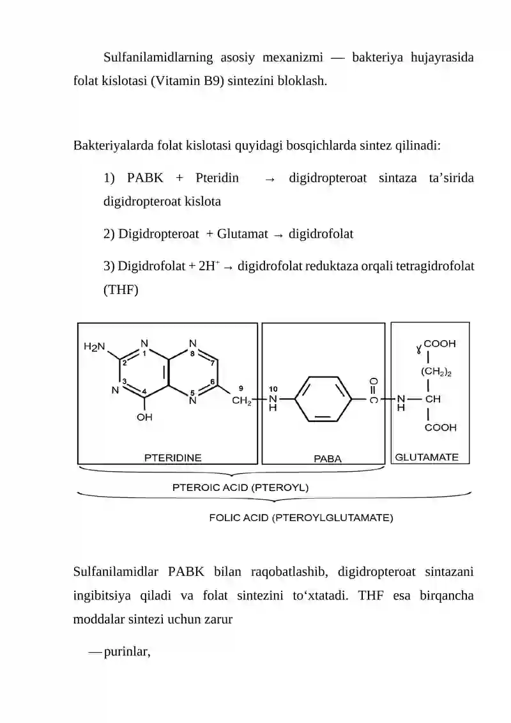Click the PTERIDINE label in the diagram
173,458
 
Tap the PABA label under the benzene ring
328,459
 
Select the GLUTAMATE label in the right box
427,458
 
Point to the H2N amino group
95,346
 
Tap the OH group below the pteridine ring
144,417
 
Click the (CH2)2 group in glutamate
436,371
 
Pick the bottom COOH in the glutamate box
441,428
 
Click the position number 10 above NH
273,389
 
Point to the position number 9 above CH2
241,389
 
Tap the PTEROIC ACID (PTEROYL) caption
240,487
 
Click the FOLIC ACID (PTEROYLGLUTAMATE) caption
301,518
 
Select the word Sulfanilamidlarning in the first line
158,58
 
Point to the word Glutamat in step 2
242,234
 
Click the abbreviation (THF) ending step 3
121,290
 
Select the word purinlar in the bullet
126,652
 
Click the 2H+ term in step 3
210,266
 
